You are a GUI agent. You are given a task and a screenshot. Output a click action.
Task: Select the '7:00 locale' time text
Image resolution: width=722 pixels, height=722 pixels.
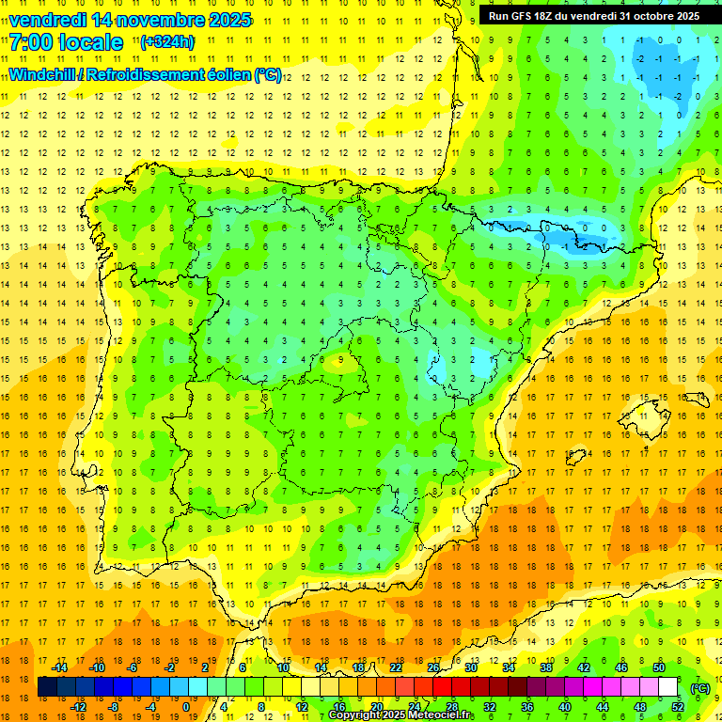pyautogui.click(x=66, y=42)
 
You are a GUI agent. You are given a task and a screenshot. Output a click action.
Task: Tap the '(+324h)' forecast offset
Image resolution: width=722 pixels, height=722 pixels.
pyautogui.click(x=166, y=42)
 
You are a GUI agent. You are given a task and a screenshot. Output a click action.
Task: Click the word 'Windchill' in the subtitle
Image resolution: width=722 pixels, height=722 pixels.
pyautogui.click(x=45, y=74)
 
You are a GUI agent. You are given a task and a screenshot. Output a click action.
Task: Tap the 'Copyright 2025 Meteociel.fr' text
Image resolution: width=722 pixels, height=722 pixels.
pyautogui.click(x=401, y=715)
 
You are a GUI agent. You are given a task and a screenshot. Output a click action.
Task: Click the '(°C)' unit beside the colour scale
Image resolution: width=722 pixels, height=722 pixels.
pyautogui.click(x=698, y=688)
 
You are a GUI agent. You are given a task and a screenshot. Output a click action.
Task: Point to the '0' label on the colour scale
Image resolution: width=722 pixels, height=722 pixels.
pyautogui.click(x=185, y=707)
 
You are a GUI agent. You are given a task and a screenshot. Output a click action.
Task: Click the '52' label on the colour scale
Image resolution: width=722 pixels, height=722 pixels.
pyautogui.click(x=678, y=707)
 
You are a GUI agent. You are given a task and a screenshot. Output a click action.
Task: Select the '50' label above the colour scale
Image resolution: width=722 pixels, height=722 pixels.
pyautogui.click(x=659, y=667)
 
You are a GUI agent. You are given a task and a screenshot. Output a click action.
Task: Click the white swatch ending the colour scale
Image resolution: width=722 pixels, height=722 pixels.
pyautogui.click(x=668, y=687)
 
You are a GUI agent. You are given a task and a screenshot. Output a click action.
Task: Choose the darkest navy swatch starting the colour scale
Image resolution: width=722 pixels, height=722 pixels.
pyautogui.click(x=47, y=687)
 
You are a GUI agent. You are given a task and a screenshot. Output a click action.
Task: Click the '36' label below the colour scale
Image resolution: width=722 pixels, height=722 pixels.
pyautogui.click(x=527, y=707)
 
